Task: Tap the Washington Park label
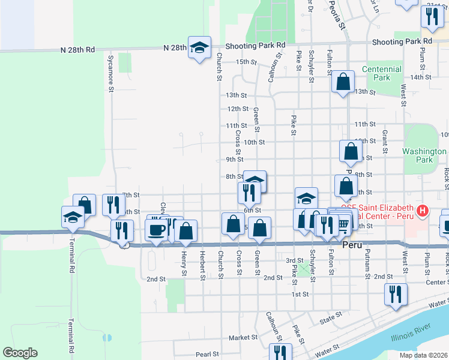point(424,156)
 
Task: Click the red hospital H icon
point(423,211)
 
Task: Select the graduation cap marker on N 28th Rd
point(199,47)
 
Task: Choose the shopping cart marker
point(342,223)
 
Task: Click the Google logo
point(20,353)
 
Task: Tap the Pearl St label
point(205,355)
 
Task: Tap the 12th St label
point(238,109)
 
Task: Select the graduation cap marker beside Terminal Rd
point(73,217)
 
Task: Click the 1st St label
point(300,295)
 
